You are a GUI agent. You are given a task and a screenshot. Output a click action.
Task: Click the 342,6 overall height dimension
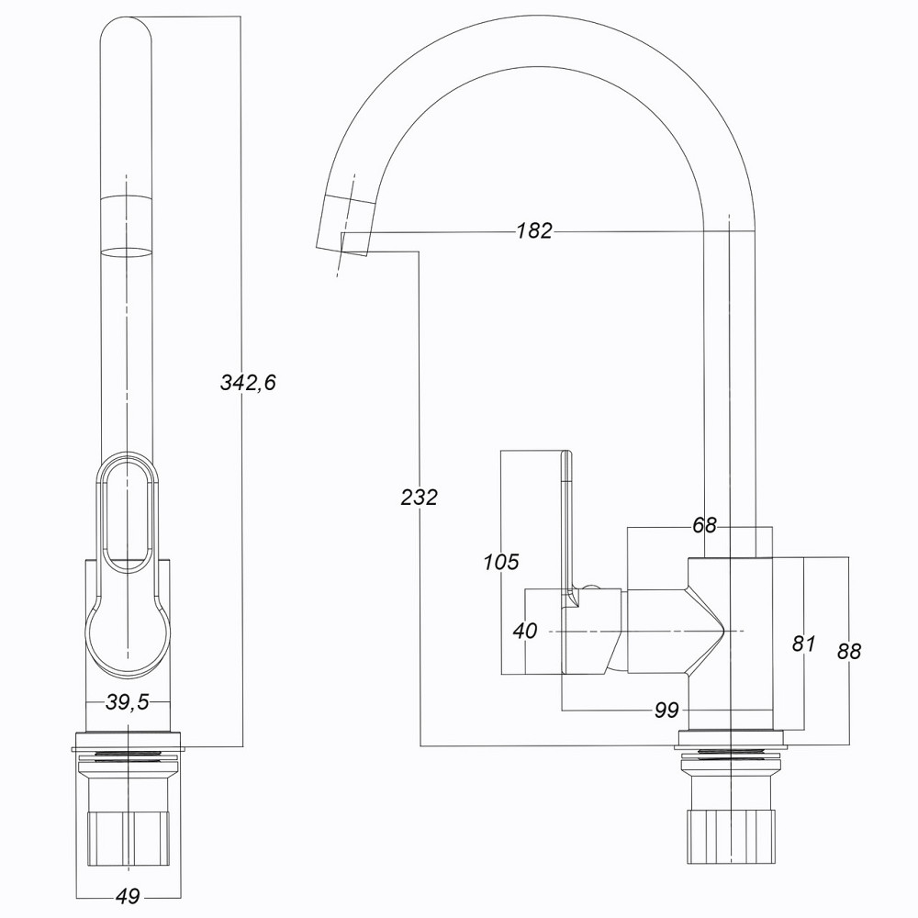pyautogui.click(x=248, y=383)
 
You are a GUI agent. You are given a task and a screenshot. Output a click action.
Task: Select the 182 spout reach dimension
pyautogui.click(x=533, y=231)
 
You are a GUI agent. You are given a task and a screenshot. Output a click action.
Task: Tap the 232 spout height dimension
pyautogui.click(x=420, y=497)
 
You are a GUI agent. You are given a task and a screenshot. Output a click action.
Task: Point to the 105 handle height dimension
pyautogui.click(x=501, y=562)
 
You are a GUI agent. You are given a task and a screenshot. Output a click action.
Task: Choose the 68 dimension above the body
pyautogui.click(x=704, y=526)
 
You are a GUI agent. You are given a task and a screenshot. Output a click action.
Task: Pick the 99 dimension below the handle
pyautogui.click(x=667, y=711)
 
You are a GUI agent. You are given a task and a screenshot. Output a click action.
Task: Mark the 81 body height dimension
pyautogui.click(x=803, y=644)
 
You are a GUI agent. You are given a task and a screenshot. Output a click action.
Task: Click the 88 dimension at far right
pyautogui.click(x=849, y=651)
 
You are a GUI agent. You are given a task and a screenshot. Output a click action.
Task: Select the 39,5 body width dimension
pyautogui.click(x=128, y=702)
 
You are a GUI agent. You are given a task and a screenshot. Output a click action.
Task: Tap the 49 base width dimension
pyautogui.click(x=127, y=896)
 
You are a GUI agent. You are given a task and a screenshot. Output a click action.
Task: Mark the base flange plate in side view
pyautogui.click(x=731, y=737)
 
